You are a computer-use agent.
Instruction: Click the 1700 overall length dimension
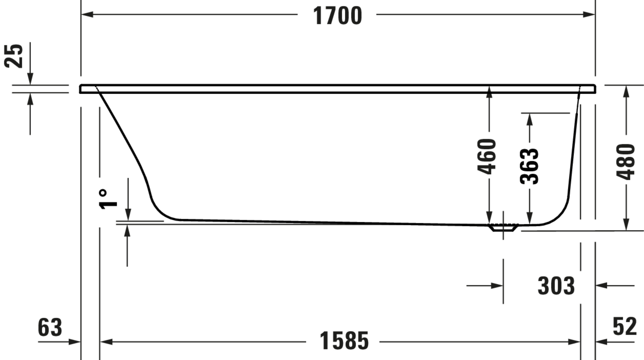[337, 16]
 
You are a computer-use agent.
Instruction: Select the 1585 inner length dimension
[344, 341]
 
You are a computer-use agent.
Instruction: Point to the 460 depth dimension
[486, 157]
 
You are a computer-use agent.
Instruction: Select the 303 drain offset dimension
[556, 286]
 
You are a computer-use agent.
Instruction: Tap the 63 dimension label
[50, 327]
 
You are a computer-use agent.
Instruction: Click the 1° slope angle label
[108, 199]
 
